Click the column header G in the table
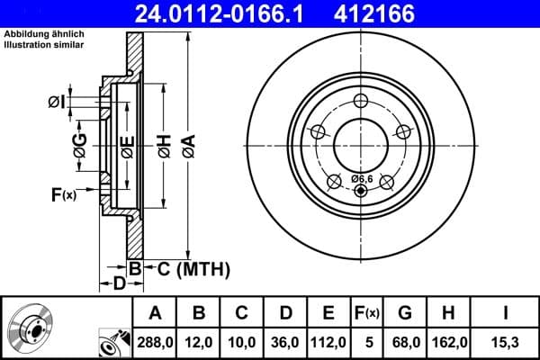(405, 313)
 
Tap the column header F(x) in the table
(367, 313)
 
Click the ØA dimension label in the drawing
(187, 144)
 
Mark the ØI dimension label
(57, 102)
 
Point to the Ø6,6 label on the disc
(360, 178)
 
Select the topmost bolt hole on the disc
(360, 101)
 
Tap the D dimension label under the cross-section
(118, 284)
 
